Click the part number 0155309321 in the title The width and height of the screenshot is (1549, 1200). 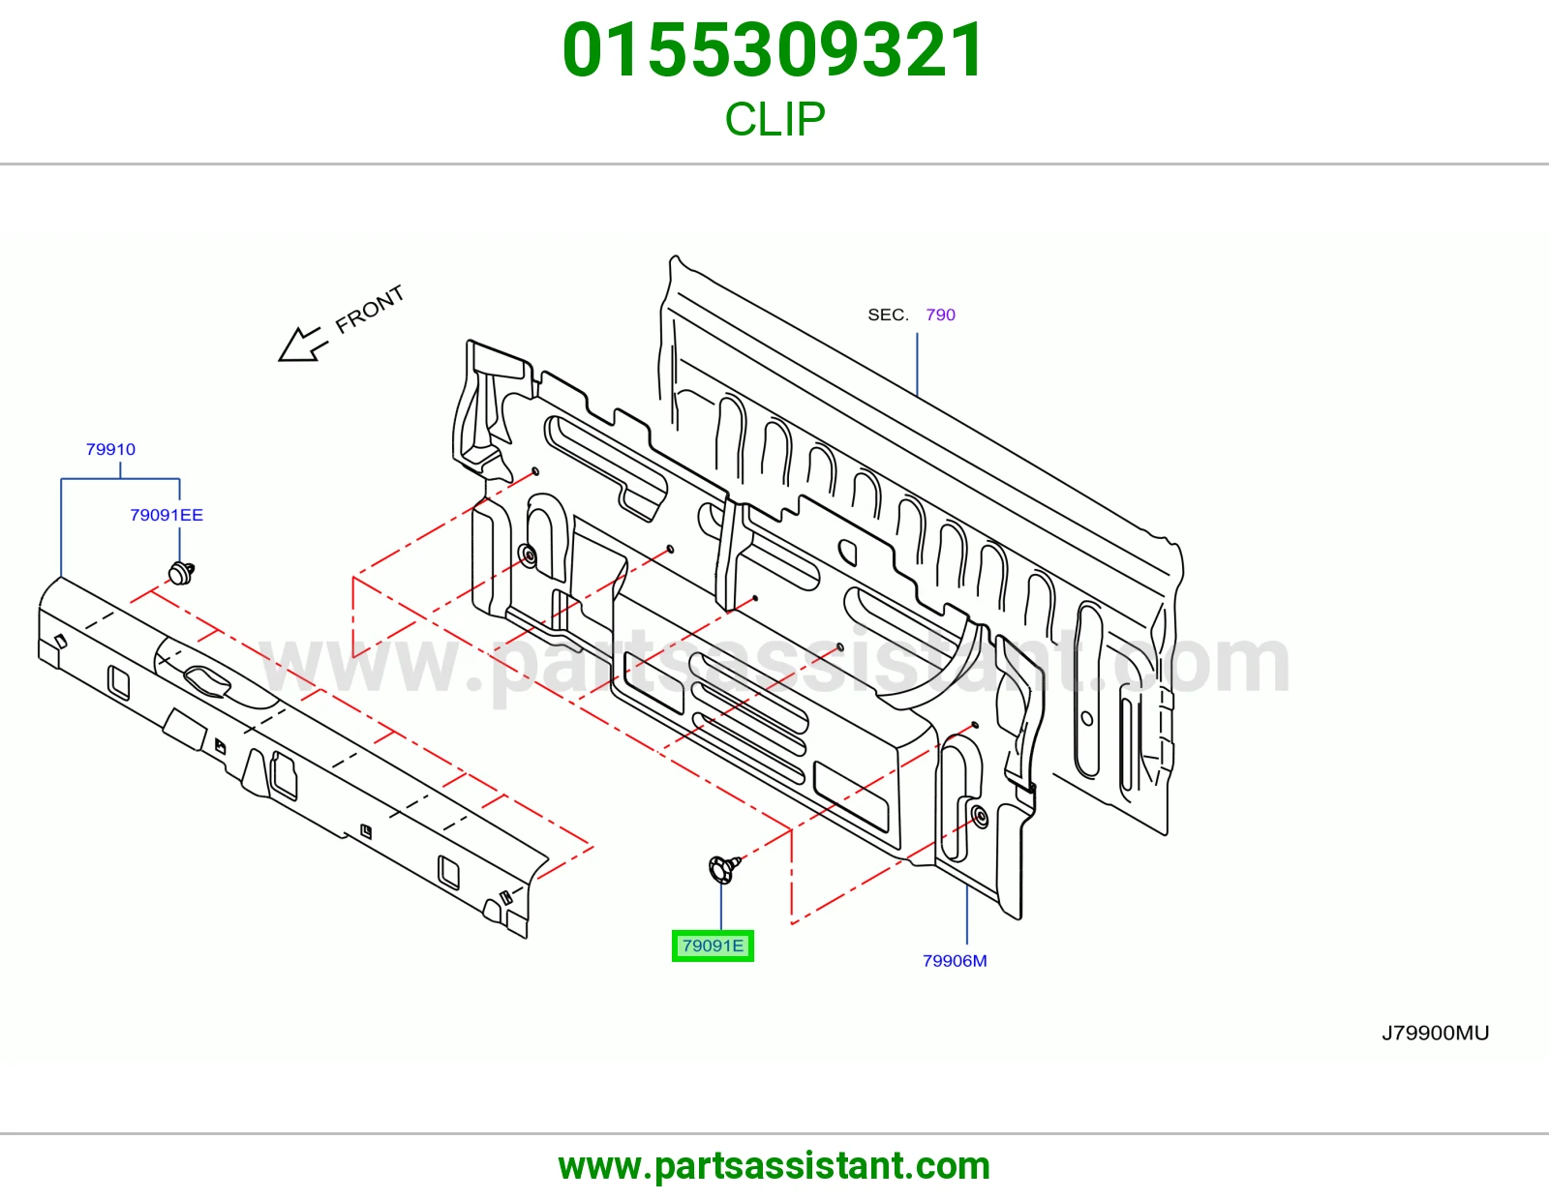pyautogui.click(x=774, y=50)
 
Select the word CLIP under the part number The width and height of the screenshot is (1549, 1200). pyautogui.click(x=774, y=119)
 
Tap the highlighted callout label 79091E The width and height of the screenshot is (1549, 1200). pyautogui.click(x=713, y=945)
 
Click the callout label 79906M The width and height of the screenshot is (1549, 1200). pyautogui.click(x=955, y=961)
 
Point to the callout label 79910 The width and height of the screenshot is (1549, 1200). pyautogui.click(x=110, y=449)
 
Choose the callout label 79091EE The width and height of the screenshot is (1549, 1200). pyautogui.click(x=167, y=515)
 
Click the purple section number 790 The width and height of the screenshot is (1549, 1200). pyautogui.click(x=940, y=315)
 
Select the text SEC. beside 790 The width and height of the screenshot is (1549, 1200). pyautogui.click(x=888, y=315)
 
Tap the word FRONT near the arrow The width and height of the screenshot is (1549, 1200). pyautogui.click(x=369, y=310)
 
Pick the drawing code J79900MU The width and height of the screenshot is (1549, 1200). pyautogui.click(x=1435, y=1033)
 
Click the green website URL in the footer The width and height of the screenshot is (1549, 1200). pyautogui.click(x=774, y=1166)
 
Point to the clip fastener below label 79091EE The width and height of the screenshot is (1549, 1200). pyautogui.click(x=181, y=572)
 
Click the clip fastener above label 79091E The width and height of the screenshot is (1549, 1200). pyautogui.click(x=723, y=869)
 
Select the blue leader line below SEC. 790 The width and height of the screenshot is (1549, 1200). pyautogui.click(x=917, y=364)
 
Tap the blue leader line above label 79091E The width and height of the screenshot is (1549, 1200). pyautogui.click(x=720, y=907)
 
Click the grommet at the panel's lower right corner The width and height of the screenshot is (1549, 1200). pyautogui.click(x=980, y=817)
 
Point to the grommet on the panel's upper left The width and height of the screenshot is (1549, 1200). pyautogui.click(x=529, y=555)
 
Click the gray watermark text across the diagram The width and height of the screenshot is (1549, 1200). pyautogui.click(x=774, y=664)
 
